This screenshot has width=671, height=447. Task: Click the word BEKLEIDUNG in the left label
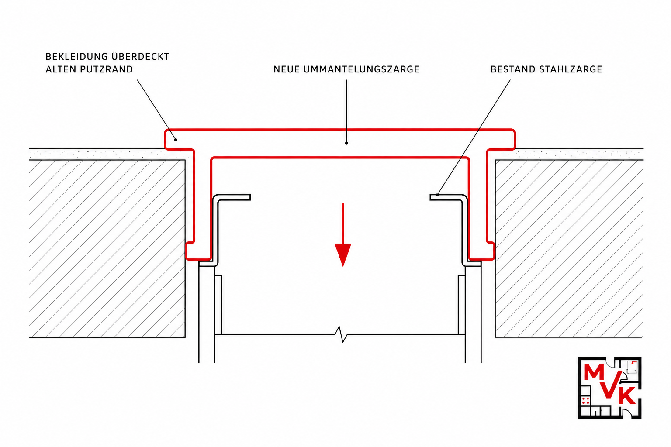coord(76,57)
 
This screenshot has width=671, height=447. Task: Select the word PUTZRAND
coord(107,69)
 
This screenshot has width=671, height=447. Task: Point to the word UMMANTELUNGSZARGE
coord(361,69)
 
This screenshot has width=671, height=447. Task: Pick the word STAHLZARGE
coord(571,69)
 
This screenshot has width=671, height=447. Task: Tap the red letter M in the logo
coord(594,373)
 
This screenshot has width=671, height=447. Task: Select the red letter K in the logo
coord(626,395)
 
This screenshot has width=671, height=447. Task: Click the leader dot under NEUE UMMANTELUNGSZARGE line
coord(346,144)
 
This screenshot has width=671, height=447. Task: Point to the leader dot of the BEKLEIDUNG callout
coord(176,140)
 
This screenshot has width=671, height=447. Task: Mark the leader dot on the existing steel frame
coord(437,195)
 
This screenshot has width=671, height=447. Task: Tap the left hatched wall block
coord(107,248)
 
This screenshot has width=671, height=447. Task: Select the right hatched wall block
coord(569,248)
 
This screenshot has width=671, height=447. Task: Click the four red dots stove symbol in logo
coord(586,401)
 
